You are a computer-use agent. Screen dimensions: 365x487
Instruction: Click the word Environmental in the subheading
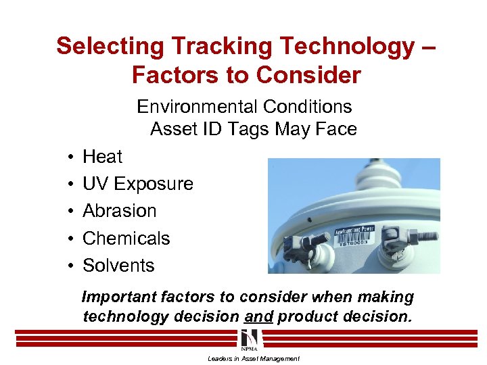coord(196,107)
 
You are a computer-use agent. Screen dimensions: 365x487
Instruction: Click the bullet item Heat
coord(102,157)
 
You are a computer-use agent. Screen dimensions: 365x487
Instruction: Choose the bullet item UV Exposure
coord(137,184)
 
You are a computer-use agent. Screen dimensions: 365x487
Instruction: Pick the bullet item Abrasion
coord(119,211)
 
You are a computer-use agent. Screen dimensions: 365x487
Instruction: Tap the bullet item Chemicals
coord(126,239)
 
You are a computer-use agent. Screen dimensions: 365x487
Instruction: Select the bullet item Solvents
coord(118,266)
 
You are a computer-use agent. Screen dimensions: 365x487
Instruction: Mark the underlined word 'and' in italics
coord(259,316)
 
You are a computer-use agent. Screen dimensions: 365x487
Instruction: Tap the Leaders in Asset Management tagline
coord(254,358)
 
